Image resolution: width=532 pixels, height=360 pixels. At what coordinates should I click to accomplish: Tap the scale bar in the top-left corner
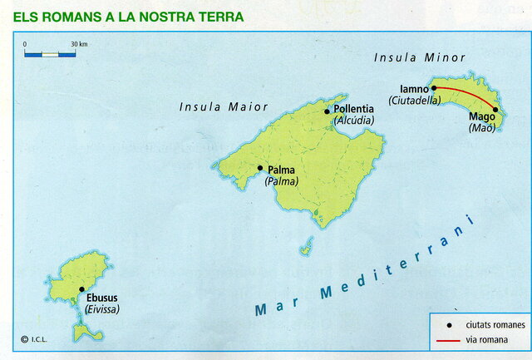click(x=50, y=54)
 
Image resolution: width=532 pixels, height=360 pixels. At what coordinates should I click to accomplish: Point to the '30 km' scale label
click(x=80, y=43)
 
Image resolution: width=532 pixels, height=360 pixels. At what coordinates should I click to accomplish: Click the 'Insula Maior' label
click(x=224, y=106)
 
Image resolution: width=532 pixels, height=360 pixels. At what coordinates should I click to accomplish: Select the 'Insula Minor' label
click(x=420, y=57)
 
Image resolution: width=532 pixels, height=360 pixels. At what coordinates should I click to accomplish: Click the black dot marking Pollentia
click(x=327, y=111)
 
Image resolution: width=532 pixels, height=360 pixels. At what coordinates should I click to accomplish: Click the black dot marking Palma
click(x=260, y=168)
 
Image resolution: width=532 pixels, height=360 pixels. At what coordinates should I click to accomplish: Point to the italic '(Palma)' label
click(x=281, y=181)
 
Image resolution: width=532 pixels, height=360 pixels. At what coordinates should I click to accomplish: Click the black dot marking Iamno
click(x=434, y=86)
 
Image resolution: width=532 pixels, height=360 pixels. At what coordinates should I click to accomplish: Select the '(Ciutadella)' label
click(x=413, y=100)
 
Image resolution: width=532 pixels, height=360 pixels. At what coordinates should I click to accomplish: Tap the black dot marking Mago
click(x=495, y=110)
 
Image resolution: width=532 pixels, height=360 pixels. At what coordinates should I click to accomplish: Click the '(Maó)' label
click(x=481, y=128)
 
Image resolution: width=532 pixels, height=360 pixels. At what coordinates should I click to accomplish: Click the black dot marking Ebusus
click(x=81, y=290)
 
